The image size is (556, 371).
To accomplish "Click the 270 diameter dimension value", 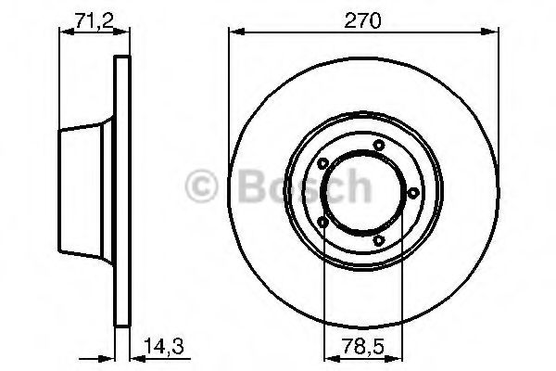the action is (x=362, y=20).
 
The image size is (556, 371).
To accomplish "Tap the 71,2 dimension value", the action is (x=94, y=20).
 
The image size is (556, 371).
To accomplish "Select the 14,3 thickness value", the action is (x=164, y=346).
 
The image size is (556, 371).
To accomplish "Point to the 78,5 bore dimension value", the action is (x=363, y=346).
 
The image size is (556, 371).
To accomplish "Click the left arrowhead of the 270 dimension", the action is (x=237, y=32).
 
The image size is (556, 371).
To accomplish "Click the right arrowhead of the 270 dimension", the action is (x=490, y=32).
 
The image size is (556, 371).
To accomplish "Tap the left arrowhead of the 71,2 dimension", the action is (x=67, y=32).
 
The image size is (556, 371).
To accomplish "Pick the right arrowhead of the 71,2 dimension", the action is (x=121, y=32).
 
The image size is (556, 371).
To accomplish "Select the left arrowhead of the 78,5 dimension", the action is (x=333, y=359).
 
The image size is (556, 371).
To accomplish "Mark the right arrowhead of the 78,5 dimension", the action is (x=395, y=359).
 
